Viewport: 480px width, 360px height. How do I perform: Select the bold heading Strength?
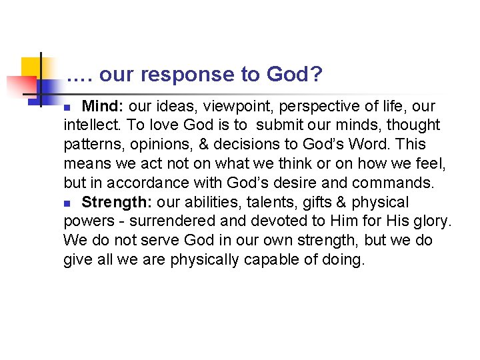[117, 202]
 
